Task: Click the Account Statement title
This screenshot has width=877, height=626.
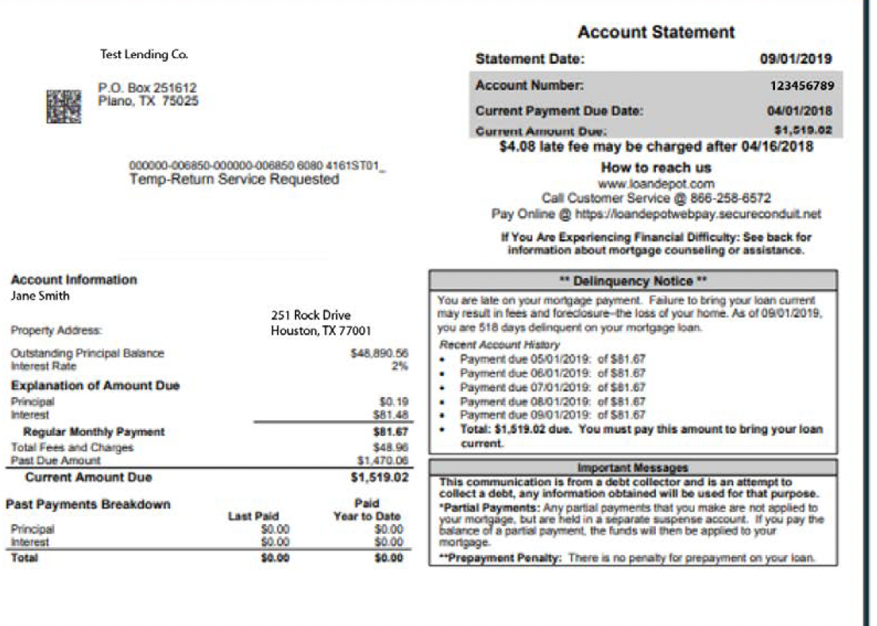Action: tap(656, 32)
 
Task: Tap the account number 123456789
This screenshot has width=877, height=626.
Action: tap(802, 86)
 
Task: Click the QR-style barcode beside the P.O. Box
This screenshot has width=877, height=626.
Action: tap(64, 106)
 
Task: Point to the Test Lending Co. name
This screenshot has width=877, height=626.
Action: tap(144, 55)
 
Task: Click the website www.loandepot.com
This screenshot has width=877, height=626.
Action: tap(656, 184)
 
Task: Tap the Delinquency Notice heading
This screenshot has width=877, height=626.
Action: tap(632, 281)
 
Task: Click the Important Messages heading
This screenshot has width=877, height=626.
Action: tap(632, 468)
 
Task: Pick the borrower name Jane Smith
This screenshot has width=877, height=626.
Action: tap(41, 295)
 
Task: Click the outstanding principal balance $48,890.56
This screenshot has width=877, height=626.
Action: tap(382, 353)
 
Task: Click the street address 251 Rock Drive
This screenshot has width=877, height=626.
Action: tap(311, 316)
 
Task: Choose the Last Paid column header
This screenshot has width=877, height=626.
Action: tap(253, 516)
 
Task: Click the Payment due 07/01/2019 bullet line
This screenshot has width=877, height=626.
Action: tap(552, 388)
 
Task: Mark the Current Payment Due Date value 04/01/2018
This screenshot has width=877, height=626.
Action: tap(799, 111)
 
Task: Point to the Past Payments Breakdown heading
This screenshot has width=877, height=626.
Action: tap(88, 505)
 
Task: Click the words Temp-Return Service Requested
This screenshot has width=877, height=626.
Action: tap(234, 179)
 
